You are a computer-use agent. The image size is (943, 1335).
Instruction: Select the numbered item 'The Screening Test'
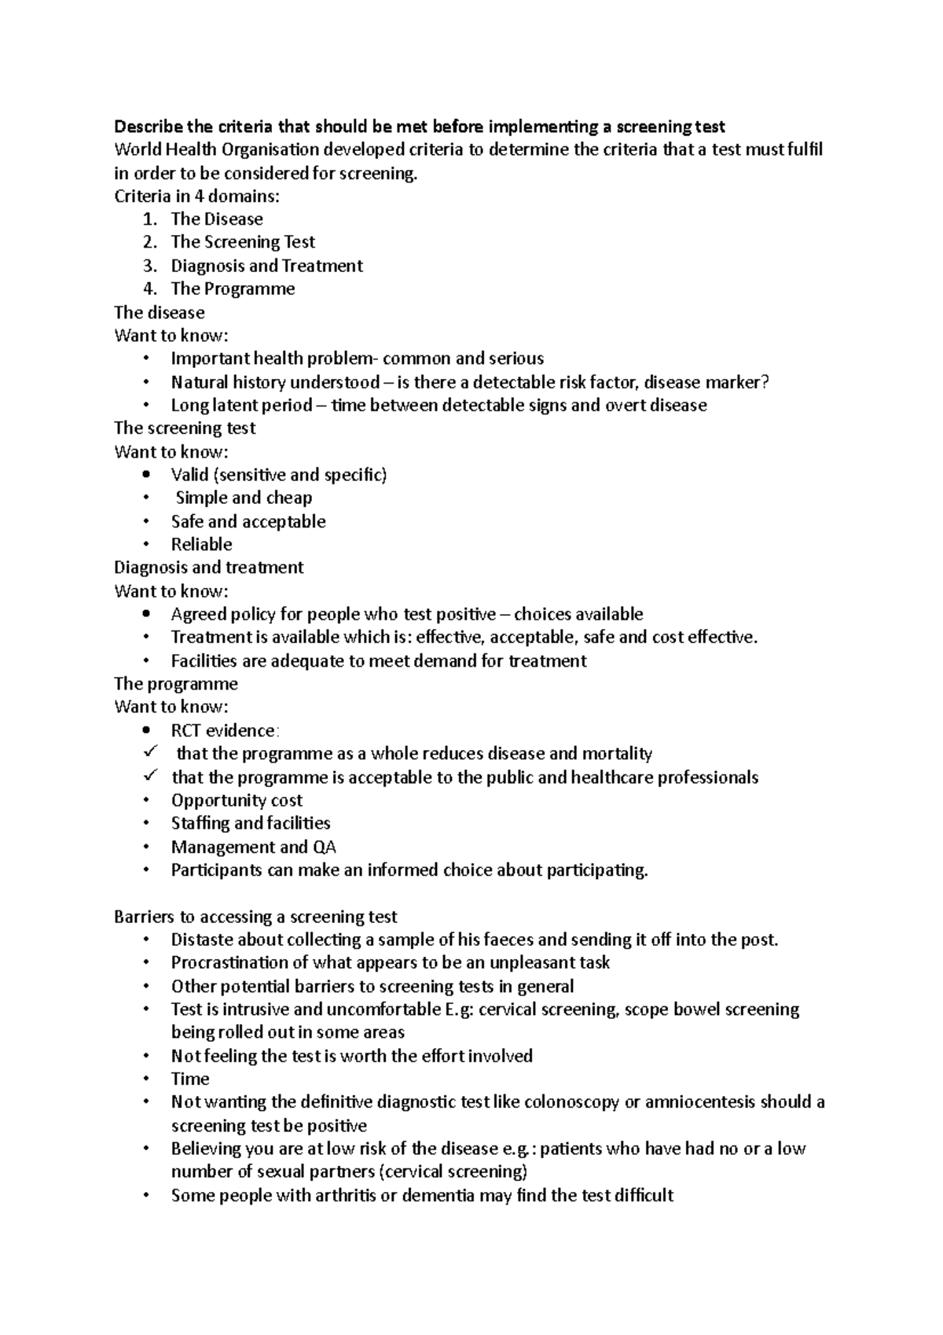point(243,242)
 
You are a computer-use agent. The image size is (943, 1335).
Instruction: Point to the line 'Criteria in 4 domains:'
point(196,196)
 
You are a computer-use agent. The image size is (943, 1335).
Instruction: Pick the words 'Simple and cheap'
point(244,498)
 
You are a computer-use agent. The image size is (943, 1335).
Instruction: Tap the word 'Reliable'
point(201,544)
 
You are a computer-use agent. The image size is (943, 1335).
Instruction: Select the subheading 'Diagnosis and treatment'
point(208,568)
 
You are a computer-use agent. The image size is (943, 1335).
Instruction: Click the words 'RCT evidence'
point(223,730)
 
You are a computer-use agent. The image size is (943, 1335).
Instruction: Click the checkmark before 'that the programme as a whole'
point(151,752)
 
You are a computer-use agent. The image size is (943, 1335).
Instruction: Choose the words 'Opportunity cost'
point(237,800)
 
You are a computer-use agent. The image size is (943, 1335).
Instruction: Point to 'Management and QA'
point(253,847)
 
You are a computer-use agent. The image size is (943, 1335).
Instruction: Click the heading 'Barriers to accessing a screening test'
point(255,917)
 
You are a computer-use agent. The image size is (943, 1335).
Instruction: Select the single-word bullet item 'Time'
point(190,1079)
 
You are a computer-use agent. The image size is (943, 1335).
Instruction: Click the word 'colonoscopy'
point(571,1102)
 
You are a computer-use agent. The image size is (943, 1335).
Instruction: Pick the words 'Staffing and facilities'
point(251,823)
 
